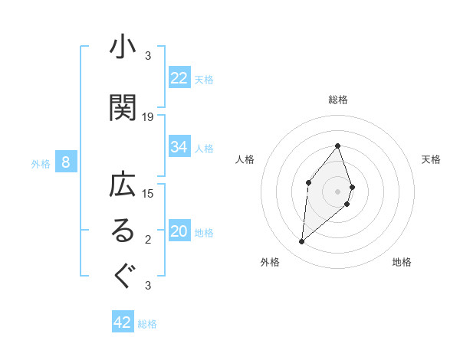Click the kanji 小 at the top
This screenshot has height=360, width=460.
point(123,47)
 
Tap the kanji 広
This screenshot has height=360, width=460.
point(123,186)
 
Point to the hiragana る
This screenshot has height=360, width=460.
point(123,232)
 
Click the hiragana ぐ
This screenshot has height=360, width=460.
point(123,276)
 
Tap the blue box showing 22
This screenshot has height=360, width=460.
point(179,78)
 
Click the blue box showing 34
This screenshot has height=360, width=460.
point(179,147)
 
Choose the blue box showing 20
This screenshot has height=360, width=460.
point(179,231)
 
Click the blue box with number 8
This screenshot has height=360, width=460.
point(66,162)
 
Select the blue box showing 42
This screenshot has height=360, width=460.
point(123,322)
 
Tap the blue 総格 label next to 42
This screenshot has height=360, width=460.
point(147,324)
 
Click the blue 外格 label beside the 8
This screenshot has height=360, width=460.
point(41,163)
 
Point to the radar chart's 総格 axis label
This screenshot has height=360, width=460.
point(337,100)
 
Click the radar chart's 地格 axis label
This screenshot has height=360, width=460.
point(402,263)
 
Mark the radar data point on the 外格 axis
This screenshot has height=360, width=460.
point(302,242)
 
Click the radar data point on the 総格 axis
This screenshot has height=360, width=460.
point(337,146)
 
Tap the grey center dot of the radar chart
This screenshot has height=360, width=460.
point(337,191)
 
